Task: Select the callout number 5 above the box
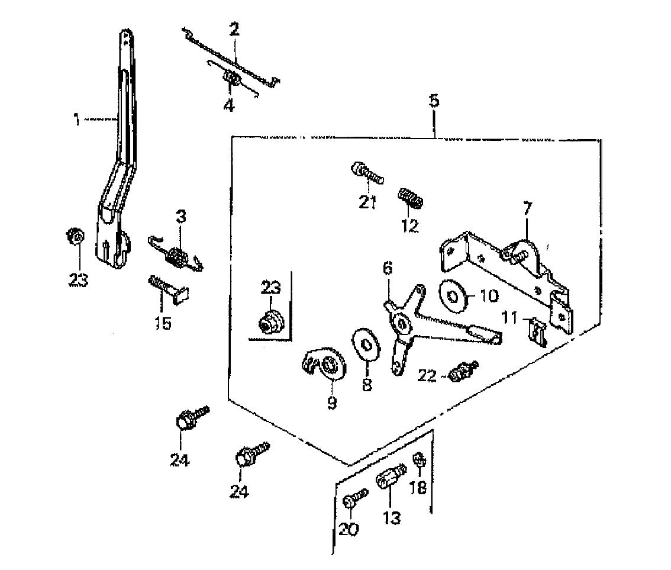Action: point(434,99)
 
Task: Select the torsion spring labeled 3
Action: point(176,257)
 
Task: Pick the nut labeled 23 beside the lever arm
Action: point(75,237)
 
